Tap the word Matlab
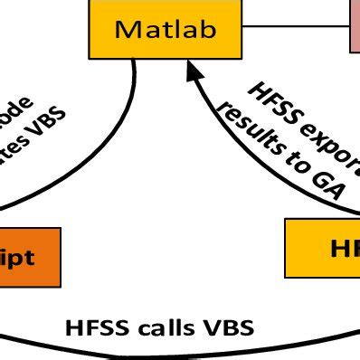pyautogui.click(x=166, y=29)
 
